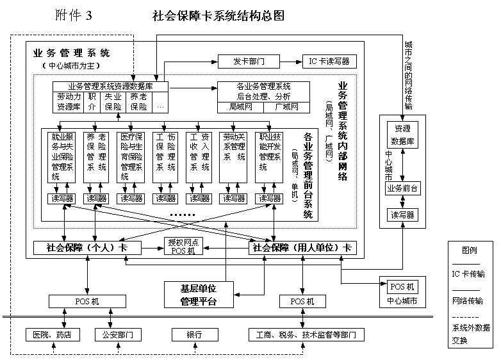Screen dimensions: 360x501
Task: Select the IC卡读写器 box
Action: [x=329, y=61]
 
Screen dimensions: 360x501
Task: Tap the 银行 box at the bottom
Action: [x=194, y=334]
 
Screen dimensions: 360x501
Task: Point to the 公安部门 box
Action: [x=117, y=334]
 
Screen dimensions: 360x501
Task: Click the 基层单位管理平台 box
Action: [x=199, y=295]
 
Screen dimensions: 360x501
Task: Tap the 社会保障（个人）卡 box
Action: [x=86, y=247]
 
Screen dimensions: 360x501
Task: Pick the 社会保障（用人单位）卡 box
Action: [x=302, y=247]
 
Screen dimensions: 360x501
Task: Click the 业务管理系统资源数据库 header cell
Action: [x=110, y=86]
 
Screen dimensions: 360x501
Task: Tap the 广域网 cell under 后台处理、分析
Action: [x=286, y=106]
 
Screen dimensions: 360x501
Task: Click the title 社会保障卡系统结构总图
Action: [x=218, y=16]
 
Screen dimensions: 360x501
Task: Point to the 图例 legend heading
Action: [x=470, y=250]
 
